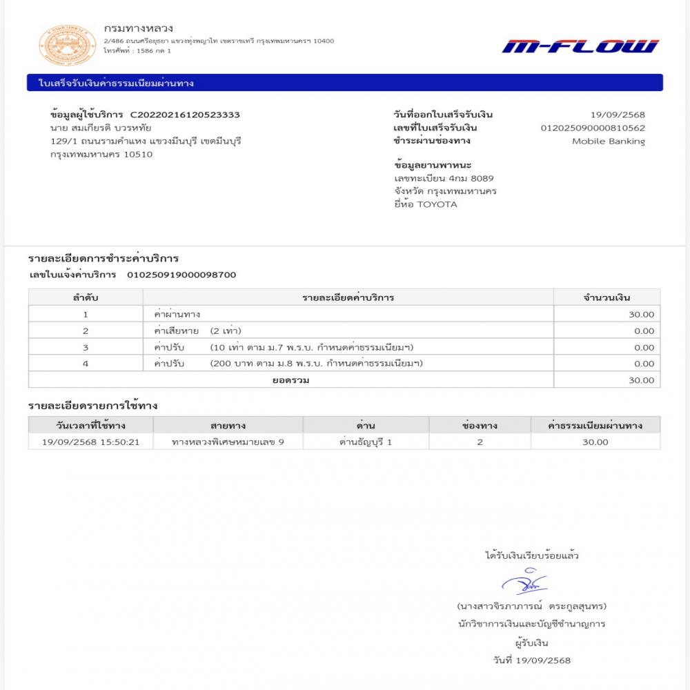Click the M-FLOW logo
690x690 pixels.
point(580,46)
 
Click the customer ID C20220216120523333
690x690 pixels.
point(185,115)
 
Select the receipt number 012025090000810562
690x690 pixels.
point(593,128)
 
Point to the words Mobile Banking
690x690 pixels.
point(608,141)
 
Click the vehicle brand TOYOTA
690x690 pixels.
point(437,204)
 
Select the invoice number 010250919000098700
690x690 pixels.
point(181,275)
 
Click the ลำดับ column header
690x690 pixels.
point(86,297)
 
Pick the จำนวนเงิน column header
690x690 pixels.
point(607,297)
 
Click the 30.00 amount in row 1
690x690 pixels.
point(642,314)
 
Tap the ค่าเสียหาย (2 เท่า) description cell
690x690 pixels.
point(197,331)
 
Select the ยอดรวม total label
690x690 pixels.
point(290,380)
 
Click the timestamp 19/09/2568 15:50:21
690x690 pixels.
point(91,442)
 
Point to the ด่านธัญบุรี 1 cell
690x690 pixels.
point(366,442)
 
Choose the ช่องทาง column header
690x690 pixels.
point(480,425)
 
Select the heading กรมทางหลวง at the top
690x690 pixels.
point(138,29)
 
